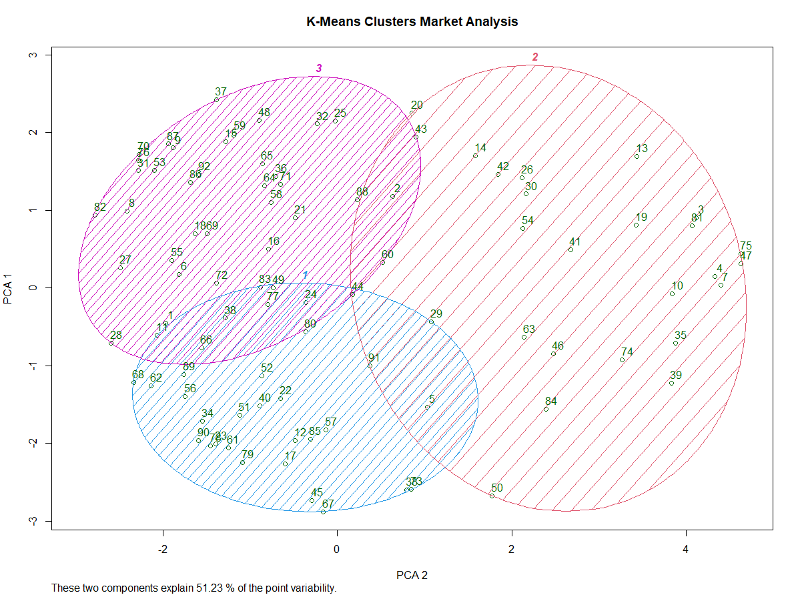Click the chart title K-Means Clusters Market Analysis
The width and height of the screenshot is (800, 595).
[412, 21]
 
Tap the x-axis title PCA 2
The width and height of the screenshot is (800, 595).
[412, 575]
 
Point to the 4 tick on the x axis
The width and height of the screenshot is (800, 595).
[686, 549]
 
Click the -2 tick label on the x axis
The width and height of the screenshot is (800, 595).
[162, 549]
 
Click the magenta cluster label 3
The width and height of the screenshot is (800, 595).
[319, 68]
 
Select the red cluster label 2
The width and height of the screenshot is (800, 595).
[534, 57]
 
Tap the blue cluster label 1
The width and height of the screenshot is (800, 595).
[305, 274]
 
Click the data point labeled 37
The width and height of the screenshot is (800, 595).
[216, 100]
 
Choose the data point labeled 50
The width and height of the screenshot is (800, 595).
[492, 496]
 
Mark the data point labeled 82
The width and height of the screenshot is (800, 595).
[95, 215]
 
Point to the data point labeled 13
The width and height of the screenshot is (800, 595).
[637, 156]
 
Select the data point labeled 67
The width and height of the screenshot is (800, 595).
[323, 512]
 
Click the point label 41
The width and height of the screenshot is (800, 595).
[575, 241]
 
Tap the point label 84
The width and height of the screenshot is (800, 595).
[550, 401]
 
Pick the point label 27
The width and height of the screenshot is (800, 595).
[125, 260]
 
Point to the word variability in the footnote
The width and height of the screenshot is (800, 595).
[314, 588]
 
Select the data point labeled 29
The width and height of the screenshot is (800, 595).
[431, 322]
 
